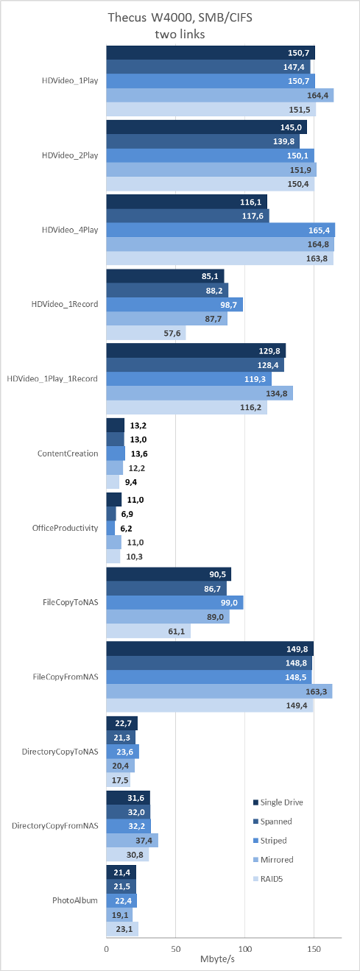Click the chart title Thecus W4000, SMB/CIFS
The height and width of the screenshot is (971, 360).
[x=180, y=18]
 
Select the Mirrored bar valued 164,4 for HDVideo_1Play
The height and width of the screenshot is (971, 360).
[x=220, y=96]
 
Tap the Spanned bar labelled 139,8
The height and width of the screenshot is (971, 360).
[x=203, y=141]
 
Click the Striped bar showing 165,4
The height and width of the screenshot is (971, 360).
[x=221, y=230]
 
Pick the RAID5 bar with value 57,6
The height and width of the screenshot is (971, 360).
[x=147, y=333]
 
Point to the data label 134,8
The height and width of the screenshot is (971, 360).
[x=276, y=394]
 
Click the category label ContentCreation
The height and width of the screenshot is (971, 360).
[x=68, y=453]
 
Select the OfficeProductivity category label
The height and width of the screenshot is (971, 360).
[x=65, y=528]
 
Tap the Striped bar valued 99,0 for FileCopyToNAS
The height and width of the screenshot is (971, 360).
[x=174, y=602]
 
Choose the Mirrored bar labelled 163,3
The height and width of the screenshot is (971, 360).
[x=219, y=691]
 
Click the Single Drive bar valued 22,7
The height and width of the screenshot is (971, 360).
[x=122, y=723]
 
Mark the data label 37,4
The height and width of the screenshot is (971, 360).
[x=144, y=841]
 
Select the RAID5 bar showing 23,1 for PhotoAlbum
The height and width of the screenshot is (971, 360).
[x=122, y=929]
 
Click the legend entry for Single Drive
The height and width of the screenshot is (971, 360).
[x=278, y=802]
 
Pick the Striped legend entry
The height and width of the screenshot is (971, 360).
[x=269, y=841]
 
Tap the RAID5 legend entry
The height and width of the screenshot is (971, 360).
[x=268, y=879]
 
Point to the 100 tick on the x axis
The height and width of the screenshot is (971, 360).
[x=244, y=949]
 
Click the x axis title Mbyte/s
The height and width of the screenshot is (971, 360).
[x=217, y=959]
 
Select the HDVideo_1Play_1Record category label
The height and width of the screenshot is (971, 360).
[x=52, y=379]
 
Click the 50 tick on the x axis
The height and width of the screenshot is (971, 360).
[x=176, y=949]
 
